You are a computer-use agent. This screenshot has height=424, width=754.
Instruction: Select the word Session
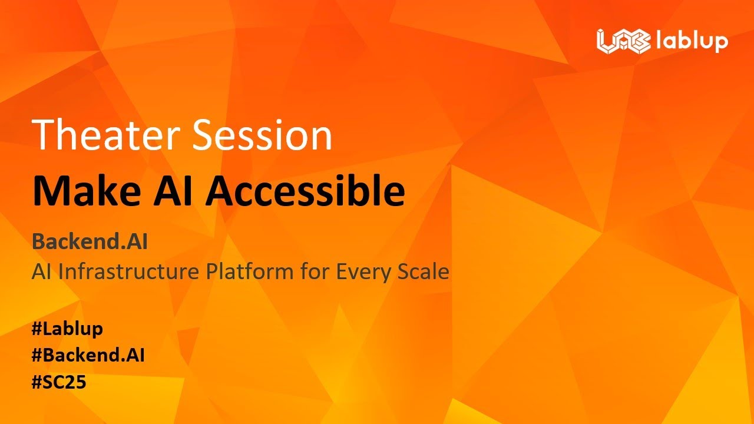(262, 135)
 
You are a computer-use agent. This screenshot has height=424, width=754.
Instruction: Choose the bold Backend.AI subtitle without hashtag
(90, 241)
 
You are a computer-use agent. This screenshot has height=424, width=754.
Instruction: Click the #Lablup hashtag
(67, 329)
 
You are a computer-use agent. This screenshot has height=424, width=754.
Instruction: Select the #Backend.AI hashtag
(88, 356)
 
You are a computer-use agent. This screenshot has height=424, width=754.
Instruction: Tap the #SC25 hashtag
(59, 382)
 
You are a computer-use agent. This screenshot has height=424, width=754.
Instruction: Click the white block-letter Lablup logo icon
(623, 41)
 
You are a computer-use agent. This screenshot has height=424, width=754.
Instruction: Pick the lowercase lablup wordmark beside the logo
(692, 42)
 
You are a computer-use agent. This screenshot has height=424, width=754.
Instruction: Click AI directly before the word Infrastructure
(42, 272)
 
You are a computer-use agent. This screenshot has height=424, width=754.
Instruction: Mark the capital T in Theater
(44, 135)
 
